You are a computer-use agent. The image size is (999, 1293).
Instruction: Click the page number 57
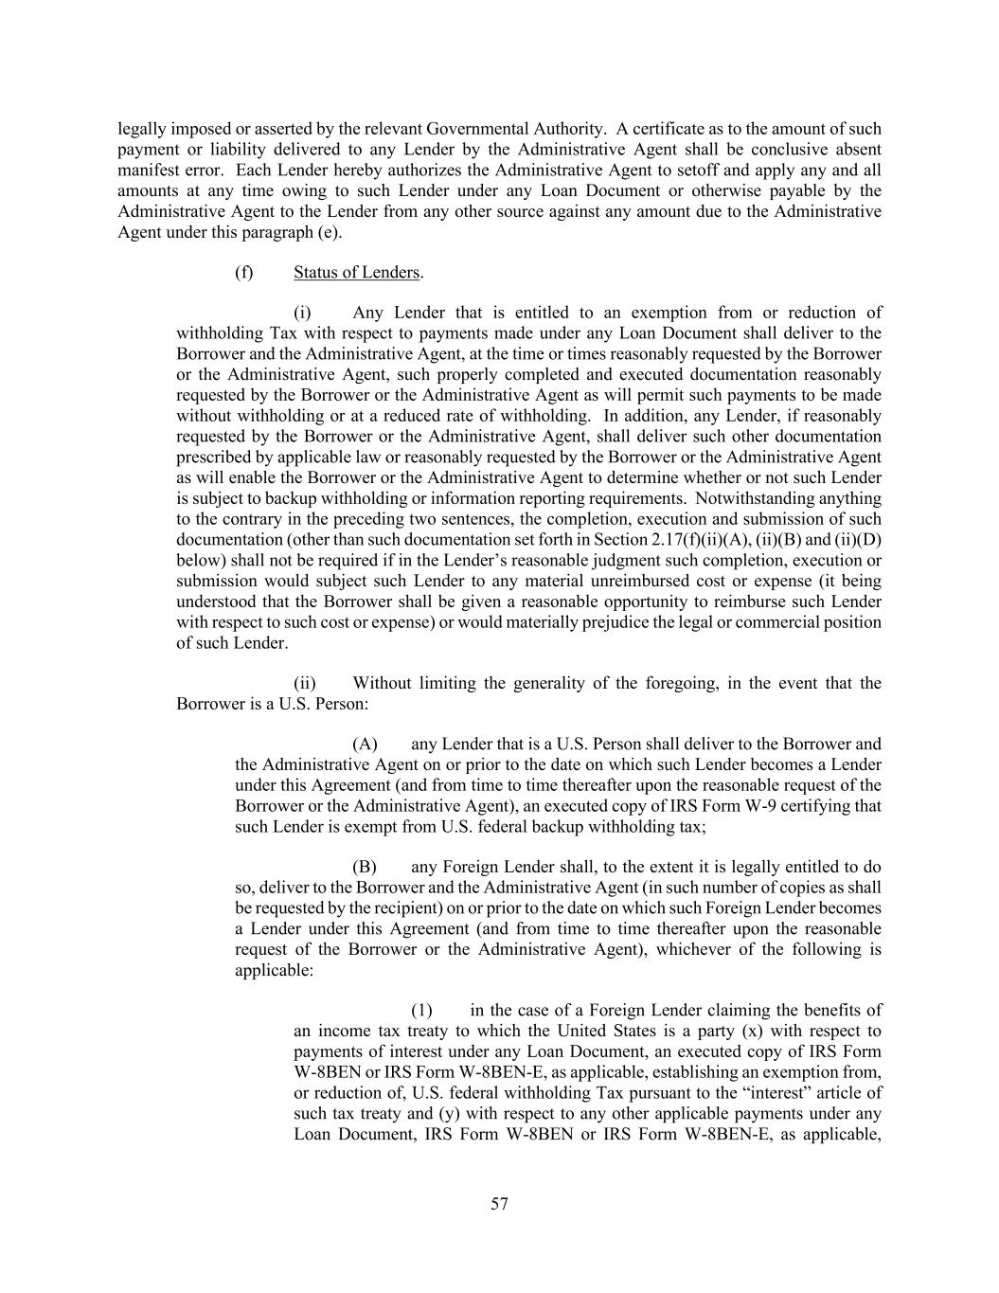tap(499, 1204)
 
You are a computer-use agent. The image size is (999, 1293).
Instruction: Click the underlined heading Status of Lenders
tap(356, 273)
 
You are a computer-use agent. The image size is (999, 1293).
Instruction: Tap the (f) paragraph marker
tap(244, 273)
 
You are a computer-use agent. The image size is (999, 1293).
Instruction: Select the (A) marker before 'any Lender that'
tap(365, 745)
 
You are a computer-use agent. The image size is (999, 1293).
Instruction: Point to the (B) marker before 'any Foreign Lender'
tap(365, 868)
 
